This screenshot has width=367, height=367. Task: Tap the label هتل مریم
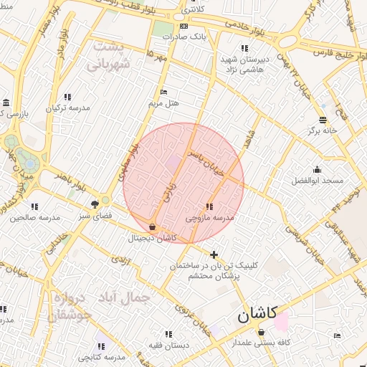tap(163, 103)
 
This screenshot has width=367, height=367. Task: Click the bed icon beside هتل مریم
tap(164, 92)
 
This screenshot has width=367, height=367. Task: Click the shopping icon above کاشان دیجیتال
tap(152, 227)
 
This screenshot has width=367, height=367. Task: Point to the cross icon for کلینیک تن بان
tap(214, 254)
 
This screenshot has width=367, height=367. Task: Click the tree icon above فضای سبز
tap(95, 204)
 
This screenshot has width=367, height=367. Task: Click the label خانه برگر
tap(323, 130)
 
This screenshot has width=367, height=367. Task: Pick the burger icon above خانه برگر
tap(323, 120)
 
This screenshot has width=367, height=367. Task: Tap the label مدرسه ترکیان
tap(68, 108)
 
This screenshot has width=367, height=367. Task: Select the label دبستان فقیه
tap(168, 345)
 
